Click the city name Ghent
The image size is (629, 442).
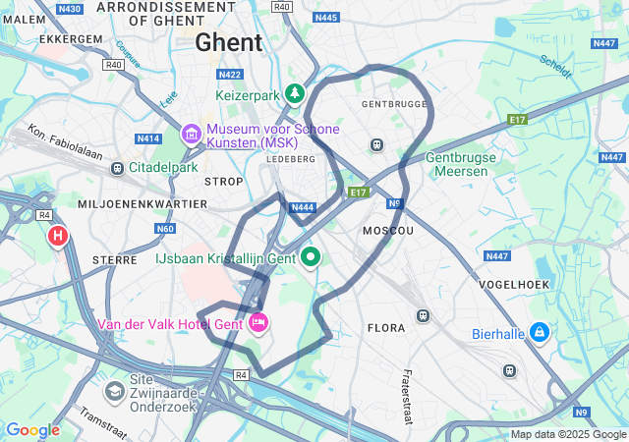point(229,42)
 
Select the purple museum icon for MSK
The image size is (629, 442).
point(191,132)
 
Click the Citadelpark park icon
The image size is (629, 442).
point(118,168)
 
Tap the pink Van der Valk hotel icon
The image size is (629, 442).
point(259,322)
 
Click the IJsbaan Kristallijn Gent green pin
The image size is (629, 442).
point(312,257)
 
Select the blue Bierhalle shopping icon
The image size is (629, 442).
point(539,333)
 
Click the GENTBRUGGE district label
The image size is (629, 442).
point(395,103)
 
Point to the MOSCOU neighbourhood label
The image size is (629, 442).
point(388,230)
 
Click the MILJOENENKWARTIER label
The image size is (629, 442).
point(143,203)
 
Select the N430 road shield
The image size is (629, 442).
point(69,8)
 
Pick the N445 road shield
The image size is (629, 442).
point(326,18)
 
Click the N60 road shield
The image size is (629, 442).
point(164,229)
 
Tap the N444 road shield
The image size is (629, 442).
point(303,206)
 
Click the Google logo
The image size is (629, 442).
point(32,430)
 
